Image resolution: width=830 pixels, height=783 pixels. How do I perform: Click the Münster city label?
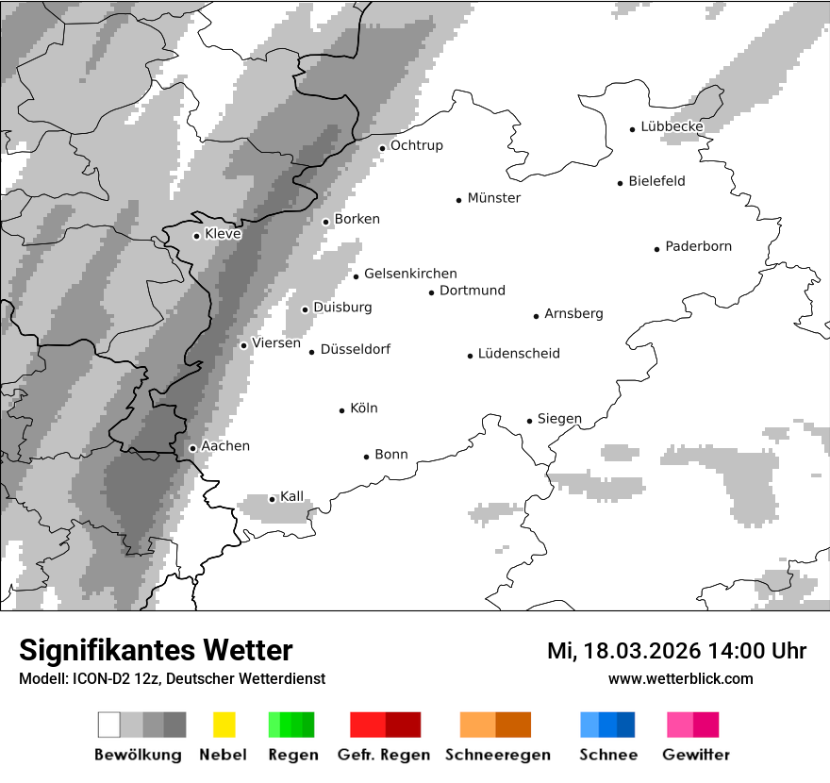(x=493, y=198)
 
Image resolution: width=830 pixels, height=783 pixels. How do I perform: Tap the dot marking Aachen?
(x=192, y=448)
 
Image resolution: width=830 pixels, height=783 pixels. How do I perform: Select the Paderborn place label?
(x=698, y=246)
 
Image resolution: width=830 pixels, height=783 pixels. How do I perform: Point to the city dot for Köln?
(x=342, y=410)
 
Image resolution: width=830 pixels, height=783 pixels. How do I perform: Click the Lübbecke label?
(x=672, y=126)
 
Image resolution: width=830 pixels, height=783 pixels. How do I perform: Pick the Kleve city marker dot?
(x=196, y=236)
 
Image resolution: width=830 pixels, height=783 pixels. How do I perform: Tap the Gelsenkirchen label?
(x=410, y=274)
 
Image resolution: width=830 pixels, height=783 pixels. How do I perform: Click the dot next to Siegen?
(x=529, y=421)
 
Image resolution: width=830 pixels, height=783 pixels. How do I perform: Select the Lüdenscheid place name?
(x=519, y=354)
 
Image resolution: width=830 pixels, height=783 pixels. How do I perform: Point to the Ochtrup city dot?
(x=382, y=147)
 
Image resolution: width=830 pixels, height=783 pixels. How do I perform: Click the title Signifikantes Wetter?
(x=156, y=650)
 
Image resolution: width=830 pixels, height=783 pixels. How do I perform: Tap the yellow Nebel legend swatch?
(x=224, y=725)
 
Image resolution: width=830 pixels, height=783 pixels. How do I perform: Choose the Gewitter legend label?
(x=696, y=755)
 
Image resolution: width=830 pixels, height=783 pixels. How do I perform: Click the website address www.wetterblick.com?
(x=680, y=678)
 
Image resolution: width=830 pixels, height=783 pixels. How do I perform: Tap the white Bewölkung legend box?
(x=109, y=725)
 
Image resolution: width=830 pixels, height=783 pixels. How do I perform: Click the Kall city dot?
(x=272, y=499)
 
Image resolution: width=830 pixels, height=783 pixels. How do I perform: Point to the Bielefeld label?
(x=656, y=181)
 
